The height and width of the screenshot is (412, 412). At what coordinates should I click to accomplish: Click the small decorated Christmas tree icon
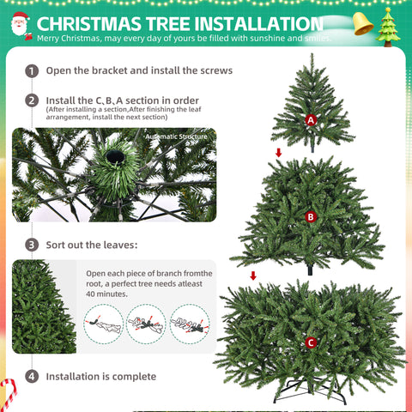(x=391, y=27)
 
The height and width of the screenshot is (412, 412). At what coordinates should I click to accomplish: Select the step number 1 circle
(x=32, y=70)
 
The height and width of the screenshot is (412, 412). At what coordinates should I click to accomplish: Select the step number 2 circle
(x=32, y=100)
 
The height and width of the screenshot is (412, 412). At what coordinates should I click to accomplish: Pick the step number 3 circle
(x=32, y=245)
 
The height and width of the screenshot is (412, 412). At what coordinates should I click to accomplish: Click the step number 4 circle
(x=32, y=376)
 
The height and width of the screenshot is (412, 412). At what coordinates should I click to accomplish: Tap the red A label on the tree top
(x=311, y=120)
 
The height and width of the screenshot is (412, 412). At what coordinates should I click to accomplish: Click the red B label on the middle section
(x=310, y=217)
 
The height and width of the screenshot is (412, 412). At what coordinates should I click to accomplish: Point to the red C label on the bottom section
(x=310, y=343)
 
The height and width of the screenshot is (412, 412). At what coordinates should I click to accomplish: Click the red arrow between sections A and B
(x=277, y=153)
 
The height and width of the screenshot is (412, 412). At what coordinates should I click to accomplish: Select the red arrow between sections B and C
(x=252, y=276)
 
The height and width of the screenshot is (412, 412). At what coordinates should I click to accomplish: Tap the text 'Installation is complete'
(x=101, y=376)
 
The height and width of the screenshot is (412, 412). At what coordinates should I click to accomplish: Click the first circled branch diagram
(x=103, y=324)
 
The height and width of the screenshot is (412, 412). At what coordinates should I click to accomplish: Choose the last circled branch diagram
(x=190, y=324)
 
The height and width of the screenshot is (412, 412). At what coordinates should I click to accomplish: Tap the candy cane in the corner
(x=9, y=394)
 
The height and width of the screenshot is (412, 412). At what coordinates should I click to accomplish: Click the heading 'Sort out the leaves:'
(x=92, y=245)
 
